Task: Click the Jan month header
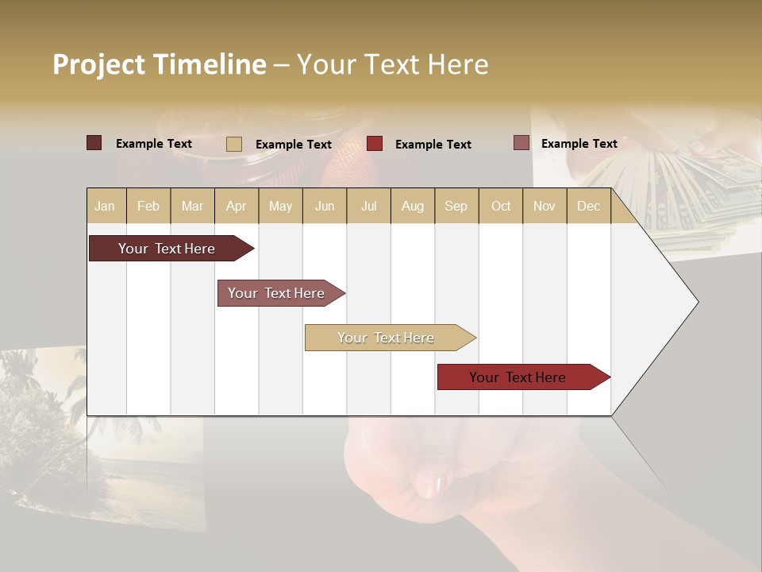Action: pos(105,206)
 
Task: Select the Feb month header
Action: pos(148,206)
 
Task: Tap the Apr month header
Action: pos(236,206)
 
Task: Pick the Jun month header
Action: pos(325,206)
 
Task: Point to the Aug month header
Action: pos(413,206)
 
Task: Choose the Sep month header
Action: pos(456,206)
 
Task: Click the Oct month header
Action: pos(501,206)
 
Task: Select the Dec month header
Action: pos(588,206)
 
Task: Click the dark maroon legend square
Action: pos(94,143)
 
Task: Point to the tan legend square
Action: pos(233,144)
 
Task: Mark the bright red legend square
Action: pos(375,144)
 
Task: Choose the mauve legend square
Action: pos(521,143)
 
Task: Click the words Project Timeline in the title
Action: pos(159,64)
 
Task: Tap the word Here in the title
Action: pos(458,64)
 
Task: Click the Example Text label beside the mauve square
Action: pos(579,144)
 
